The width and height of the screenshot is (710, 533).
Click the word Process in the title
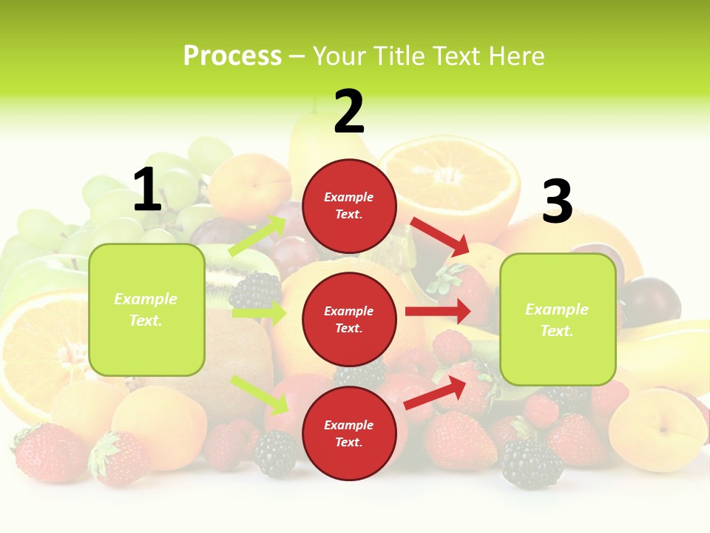pos(232,56)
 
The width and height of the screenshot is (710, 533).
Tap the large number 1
pos(147,190)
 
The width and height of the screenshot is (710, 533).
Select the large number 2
pos(349,113)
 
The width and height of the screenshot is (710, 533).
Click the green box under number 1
pos(146,309)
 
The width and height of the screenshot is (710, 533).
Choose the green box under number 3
pos(558,319)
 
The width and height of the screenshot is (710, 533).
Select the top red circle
pos(349,206)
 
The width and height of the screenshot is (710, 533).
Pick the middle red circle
pos(349,319)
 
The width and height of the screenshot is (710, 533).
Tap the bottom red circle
pos(349,433)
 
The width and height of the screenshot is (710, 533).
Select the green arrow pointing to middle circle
pos(259,313)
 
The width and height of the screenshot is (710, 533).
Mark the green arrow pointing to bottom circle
pos(260,395)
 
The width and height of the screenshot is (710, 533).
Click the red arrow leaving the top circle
pos(439,236)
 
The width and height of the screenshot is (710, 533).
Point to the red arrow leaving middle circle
pos(438,312)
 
